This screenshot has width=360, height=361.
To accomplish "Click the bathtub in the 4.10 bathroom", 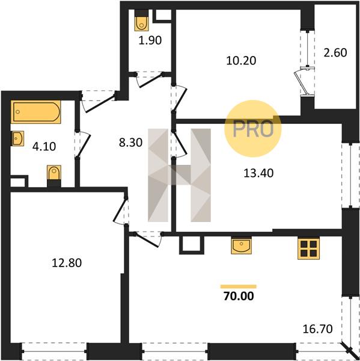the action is click(35, 112).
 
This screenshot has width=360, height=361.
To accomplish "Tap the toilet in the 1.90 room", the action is click(141, 23).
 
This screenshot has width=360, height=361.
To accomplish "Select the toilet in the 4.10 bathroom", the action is click(54, 173).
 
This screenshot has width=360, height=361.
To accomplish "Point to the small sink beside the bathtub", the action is click(17, 138).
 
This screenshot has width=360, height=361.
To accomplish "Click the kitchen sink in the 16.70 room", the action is click(242, 245).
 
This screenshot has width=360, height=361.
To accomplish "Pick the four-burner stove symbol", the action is click(308, 248).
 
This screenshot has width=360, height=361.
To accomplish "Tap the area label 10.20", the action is click(241, 61).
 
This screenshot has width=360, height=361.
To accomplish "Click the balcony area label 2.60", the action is click(335, 52).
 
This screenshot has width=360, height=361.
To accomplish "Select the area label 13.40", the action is click(258, 173).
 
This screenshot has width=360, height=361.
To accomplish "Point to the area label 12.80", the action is click(67, 263).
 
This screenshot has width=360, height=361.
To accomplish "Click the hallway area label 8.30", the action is click(130, 143).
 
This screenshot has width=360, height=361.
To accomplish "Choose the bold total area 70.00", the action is click(239, 296).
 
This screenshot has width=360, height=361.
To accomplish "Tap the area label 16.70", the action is click(318, 329).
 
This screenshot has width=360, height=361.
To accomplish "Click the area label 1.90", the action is click(150, 40).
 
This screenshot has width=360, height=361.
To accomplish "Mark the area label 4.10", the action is click(44, 146).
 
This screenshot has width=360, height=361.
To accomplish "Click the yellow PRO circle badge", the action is click(253, 129).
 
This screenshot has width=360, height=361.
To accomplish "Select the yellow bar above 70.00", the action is click(239, 286).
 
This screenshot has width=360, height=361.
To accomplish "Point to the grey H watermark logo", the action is click(179, 175).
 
